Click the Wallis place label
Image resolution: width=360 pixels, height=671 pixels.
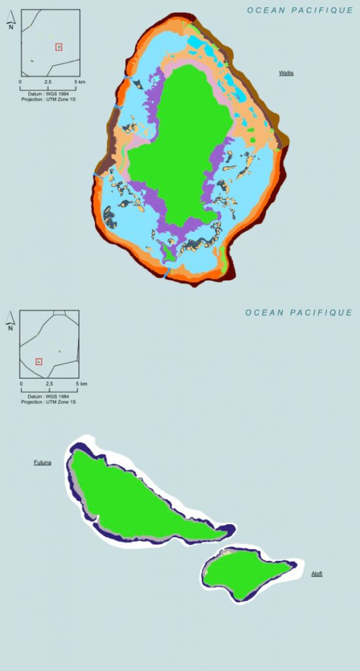(x=286, y=73)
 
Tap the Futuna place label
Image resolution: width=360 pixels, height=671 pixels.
(x=42, y=463)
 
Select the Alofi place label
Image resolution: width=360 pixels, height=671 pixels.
(x=317, y=574)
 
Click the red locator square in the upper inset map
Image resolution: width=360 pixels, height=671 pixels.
(x=59, y=47)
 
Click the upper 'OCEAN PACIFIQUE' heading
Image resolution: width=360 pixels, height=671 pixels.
(x=300, y=10)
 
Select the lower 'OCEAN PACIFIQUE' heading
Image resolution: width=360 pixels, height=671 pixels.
(x=299, y=313)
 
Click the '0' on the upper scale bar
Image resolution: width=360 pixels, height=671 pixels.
(x=20, y=82)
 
